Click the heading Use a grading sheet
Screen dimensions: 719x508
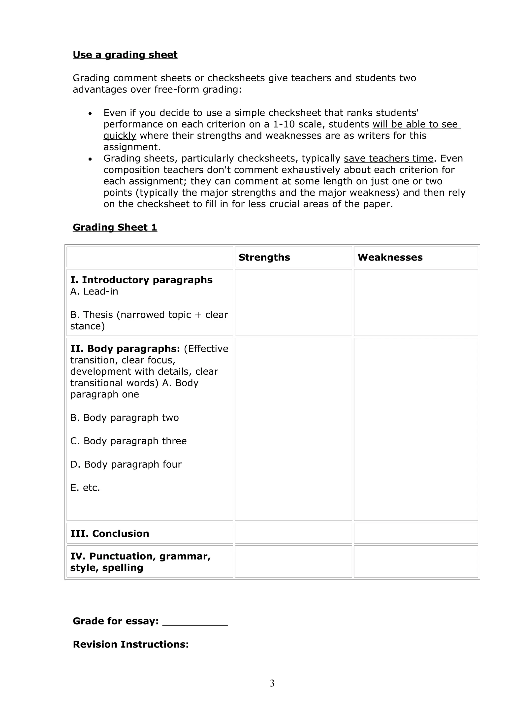coord(125,55)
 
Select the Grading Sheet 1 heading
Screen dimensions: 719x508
coord(115,227)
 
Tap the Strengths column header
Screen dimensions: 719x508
coord(264,258)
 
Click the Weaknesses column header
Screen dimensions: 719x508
coord(390,258)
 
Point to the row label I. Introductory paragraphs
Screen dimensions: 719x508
coord(141,280)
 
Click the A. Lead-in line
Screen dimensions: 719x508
coord(94,292)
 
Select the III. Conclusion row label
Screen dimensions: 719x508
coord(110,534)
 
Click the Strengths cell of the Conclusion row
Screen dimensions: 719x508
coord(293,533)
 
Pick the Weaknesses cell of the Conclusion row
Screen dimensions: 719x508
coord(416,533)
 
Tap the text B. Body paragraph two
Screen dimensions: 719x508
coord(124,418)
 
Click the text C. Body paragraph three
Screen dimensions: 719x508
coord(128,441)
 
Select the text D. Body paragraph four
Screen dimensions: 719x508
coord(126,464)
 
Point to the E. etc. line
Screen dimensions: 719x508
coord(85,488)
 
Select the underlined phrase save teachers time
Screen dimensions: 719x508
coord(388,159)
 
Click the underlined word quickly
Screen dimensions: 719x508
coord(120,136)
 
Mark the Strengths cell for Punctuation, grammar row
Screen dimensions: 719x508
coord(293,561)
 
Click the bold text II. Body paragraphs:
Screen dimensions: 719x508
coord(125,349)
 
